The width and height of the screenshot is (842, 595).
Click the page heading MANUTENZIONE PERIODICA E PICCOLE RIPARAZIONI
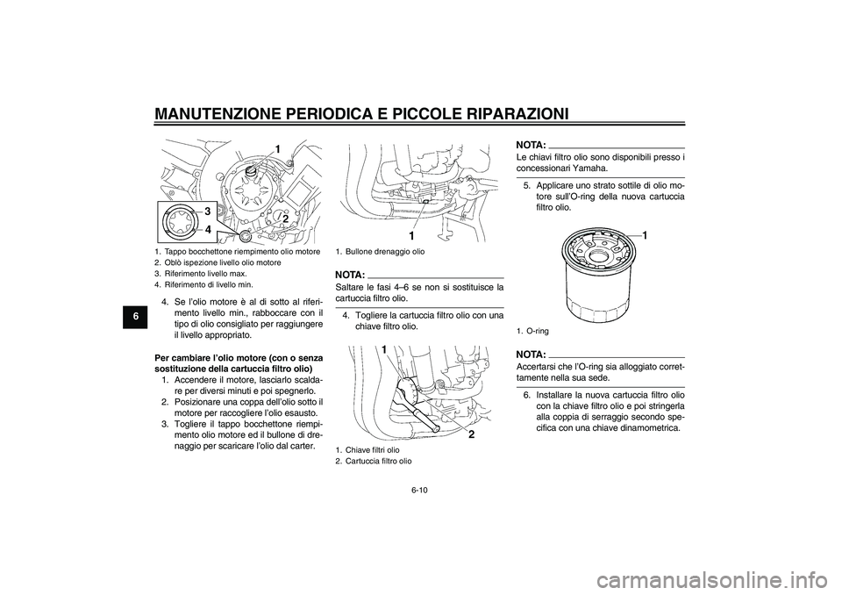(360, 112)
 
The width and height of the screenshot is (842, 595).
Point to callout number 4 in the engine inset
(209, 229)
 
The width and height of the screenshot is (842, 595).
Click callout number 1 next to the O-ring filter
(643, 236)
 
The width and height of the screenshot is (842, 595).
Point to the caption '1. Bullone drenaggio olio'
(380, 252)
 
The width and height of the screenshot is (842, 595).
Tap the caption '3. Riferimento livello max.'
(201, 273)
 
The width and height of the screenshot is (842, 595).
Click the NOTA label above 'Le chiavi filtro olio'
(531, 143)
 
